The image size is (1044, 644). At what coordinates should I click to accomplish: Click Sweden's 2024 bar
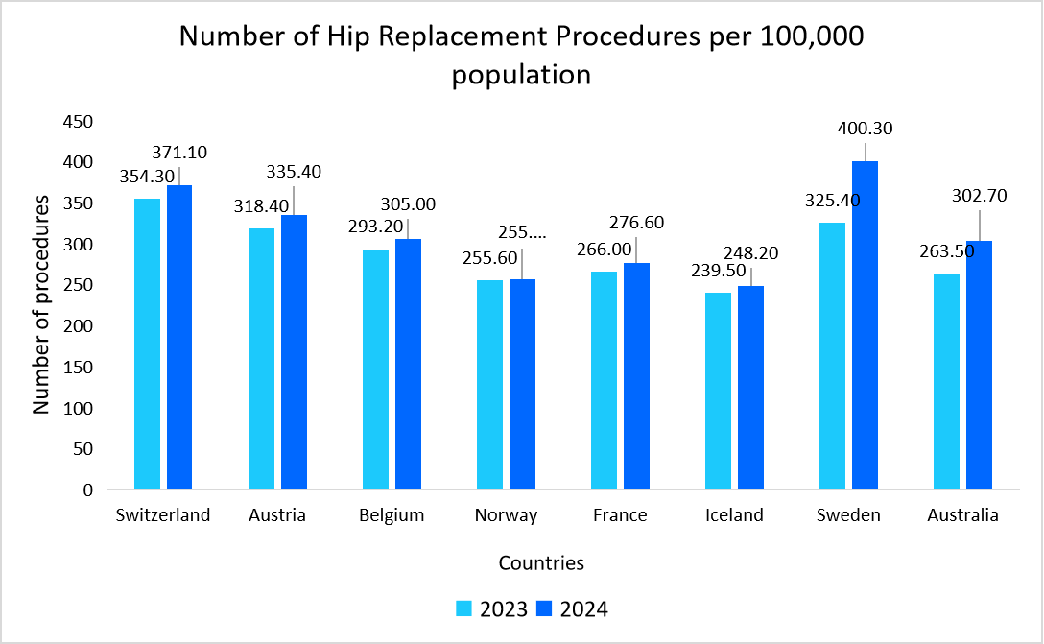coord(865,326)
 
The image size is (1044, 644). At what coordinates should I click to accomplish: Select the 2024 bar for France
coord(636,376)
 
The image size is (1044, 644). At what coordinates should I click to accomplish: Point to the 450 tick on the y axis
coord(78,122)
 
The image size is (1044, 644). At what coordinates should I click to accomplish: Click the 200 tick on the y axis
coord(78,326)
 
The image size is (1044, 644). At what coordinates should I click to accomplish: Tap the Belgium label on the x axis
coord(391,515)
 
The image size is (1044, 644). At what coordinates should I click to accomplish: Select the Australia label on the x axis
coord(962,515)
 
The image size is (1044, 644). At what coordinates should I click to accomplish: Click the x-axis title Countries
coord(541,562)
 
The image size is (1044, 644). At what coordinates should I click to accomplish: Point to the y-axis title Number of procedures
coord(40,304)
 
